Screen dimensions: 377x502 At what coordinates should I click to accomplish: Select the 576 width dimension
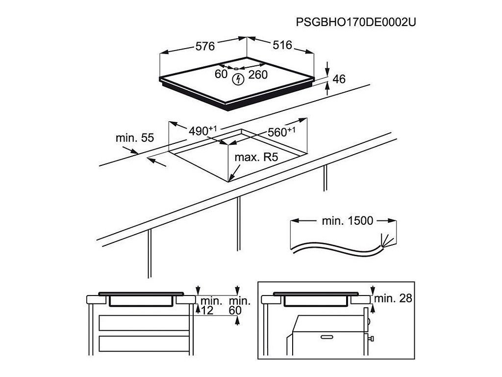click(205, 47)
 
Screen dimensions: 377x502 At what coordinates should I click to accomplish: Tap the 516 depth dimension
click(282, 45)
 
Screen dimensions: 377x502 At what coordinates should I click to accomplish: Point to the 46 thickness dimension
click(339, 79)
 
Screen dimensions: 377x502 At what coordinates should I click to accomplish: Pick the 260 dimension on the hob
click(257, 75)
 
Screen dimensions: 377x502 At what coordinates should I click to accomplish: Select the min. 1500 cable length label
click(347, 221)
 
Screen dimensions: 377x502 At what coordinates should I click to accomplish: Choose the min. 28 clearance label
click(392, 298)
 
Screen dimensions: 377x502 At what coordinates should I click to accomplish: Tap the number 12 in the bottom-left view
click(207, 310)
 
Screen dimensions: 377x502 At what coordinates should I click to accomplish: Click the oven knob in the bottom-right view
click(373, 339)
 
